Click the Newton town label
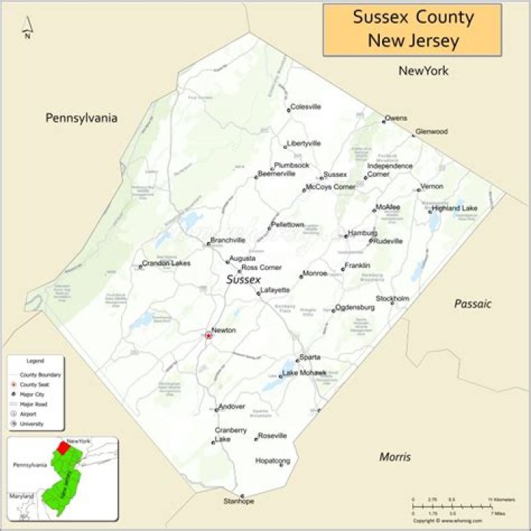(x=223, y=330)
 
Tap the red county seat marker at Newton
(x=208, y=336)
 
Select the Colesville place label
(x=305, y=106)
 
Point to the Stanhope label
(x=239, y=502)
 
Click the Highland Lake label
(x=454, y=208)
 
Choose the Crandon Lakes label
(x=166, y=263)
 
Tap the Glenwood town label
(x=431, y=131)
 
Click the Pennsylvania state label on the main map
(x=81, y=118)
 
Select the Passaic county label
(x=473, y=304)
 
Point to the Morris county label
(x=395, y=457)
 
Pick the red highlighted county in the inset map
(x=64, y=447)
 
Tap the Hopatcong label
(x=273, y=461)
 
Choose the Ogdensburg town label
(x=350, y=307)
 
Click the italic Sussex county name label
(x=243, y=280)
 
